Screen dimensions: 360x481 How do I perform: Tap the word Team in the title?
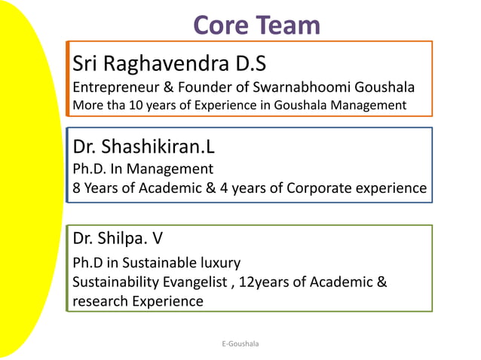[289, 26]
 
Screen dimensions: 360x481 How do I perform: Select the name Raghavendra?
[175, 62]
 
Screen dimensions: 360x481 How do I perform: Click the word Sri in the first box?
[86, 62]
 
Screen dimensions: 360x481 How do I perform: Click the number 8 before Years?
[77, 188]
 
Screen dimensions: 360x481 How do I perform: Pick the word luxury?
[219, 264]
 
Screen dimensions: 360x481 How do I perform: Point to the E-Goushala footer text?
[240, 343]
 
